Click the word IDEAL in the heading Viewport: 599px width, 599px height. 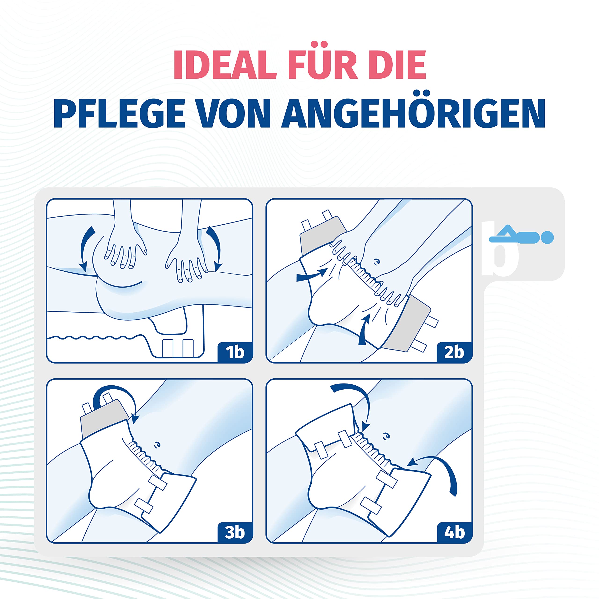click(225, 65)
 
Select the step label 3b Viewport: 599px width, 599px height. click(235, 532)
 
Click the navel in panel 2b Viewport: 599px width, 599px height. click(377, 261)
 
